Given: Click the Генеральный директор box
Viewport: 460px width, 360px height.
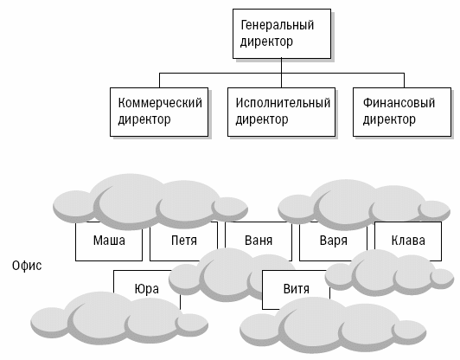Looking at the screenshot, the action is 282,34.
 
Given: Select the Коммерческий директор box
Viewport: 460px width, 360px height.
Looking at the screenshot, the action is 159,112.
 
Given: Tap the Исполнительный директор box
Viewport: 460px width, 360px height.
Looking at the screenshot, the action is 281,112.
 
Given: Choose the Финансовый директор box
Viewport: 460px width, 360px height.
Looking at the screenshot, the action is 402,112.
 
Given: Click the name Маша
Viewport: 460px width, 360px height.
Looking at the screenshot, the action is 109,241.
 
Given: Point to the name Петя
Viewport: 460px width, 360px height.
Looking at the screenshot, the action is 184,241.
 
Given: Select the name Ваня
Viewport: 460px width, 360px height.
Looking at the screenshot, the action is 259,241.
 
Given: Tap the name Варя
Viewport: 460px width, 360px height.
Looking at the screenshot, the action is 333,241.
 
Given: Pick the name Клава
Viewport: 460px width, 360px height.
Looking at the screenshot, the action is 408,241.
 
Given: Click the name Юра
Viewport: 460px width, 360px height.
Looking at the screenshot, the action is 147,289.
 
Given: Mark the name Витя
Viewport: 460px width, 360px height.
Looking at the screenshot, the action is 297,289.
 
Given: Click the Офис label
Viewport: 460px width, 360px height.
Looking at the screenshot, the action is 27,266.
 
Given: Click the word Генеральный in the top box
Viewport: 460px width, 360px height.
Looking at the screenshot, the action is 278,25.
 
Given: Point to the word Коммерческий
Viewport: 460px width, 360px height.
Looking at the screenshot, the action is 160,103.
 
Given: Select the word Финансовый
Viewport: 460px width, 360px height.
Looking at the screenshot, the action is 399,103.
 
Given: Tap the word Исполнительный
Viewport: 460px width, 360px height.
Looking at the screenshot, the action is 283,103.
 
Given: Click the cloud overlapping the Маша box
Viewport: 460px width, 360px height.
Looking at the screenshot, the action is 150,202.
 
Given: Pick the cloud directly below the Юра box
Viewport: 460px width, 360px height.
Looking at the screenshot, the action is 119,318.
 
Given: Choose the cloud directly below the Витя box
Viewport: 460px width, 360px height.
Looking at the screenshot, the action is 333,325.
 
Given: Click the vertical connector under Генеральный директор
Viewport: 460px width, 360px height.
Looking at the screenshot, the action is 281,73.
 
